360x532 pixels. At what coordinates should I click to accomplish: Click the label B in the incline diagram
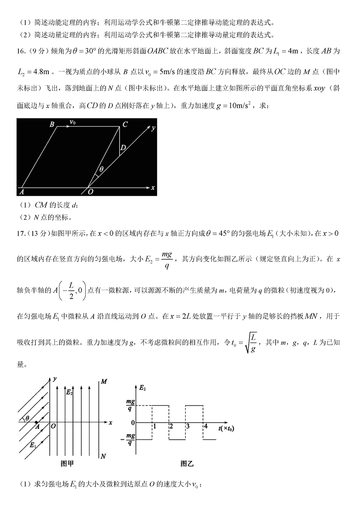tap(52, 124)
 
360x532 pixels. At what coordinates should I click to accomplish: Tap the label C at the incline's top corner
tap(125, 125)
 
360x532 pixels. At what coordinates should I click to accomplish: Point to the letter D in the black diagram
tap(124, 148)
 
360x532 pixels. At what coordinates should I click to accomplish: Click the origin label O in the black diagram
tap(91, 192)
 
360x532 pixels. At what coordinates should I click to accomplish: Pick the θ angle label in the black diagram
tap(101, 170)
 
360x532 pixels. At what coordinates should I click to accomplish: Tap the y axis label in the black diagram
tap(153, 128)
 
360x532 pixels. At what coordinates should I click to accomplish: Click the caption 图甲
tap(66, 464)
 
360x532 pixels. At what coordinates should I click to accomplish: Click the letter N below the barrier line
tap(104, 456)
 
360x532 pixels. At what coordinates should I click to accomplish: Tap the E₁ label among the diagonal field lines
tap(33, 445)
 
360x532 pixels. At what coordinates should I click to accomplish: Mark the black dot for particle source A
tap(36, 422)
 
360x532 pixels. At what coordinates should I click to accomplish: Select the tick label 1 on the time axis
tap(155, 426)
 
